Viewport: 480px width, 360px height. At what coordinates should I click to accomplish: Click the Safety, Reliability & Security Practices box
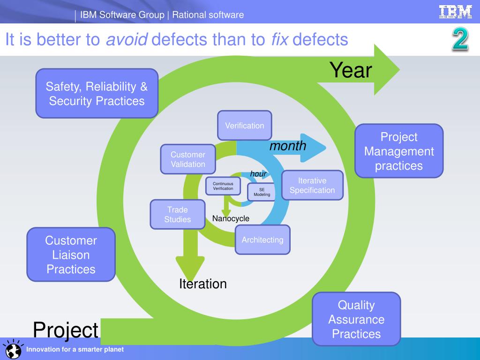(97, 93)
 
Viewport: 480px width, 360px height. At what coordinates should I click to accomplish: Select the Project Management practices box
(399, 151)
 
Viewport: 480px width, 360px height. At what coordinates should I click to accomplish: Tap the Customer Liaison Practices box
(71, 255)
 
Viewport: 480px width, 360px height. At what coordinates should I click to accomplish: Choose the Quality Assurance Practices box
(356, 319)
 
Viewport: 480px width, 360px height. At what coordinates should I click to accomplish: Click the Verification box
(244, 125)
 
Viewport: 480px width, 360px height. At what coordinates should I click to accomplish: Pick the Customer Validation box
(187, 159)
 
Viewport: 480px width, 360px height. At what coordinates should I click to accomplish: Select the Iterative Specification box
(312, 185)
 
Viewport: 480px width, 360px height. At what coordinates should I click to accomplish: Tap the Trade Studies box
(178, 214)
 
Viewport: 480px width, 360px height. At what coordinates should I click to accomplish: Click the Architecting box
(262, 240)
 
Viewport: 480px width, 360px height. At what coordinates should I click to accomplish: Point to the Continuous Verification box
(223, 186)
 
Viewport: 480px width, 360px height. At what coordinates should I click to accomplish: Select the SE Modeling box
(262, 192)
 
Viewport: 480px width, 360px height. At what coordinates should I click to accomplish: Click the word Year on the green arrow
(351, 70)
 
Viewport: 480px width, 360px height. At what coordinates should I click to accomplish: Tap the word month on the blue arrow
(288, 146)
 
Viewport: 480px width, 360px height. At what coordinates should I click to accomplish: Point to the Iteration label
(203, 284)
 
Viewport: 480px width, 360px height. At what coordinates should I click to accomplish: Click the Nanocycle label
(231, 218)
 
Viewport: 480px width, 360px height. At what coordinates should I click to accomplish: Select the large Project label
(66, 330)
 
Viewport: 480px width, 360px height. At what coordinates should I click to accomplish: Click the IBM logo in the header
(455, 12)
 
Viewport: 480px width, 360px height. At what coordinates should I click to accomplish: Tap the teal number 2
(460, 39)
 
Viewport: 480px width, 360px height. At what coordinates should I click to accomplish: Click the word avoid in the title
(127, 40)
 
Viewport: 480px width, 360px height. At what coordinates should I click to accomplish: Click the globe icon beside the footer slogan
(12, 350)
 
